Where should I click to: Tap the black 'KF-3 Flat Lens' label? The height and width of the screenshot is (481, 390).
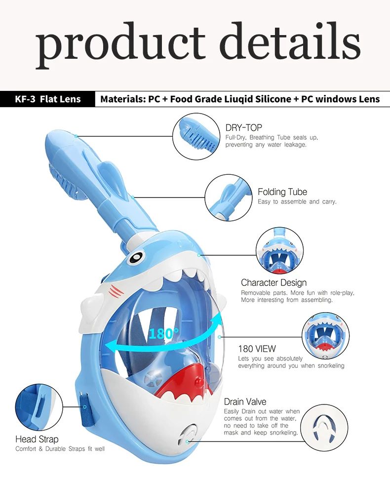point(47,99)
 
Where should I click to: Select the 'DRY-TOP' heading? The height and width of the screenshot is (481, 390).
point(243,128)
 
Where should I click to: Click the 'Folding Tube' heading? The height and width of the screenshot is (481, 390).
point(282,192)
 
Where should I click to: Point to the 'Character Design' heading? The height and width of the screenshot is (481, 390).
point(273,282)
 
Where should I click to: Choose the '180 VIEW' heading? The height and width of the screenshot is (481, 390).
point(257,349)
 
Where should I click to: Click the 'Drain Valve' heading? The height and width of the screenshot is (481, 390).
point(245,401)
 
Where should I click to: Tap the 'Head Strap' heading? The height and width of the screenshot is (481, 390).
point(37,439)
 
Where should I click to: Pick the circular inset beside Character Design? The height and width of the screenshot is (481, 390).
point(279,251)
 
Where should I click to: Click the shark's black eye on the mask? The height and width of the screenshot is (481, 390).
point(137,256)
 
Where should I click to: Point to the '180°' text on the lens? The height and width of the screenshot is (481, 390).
point(160,333)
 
